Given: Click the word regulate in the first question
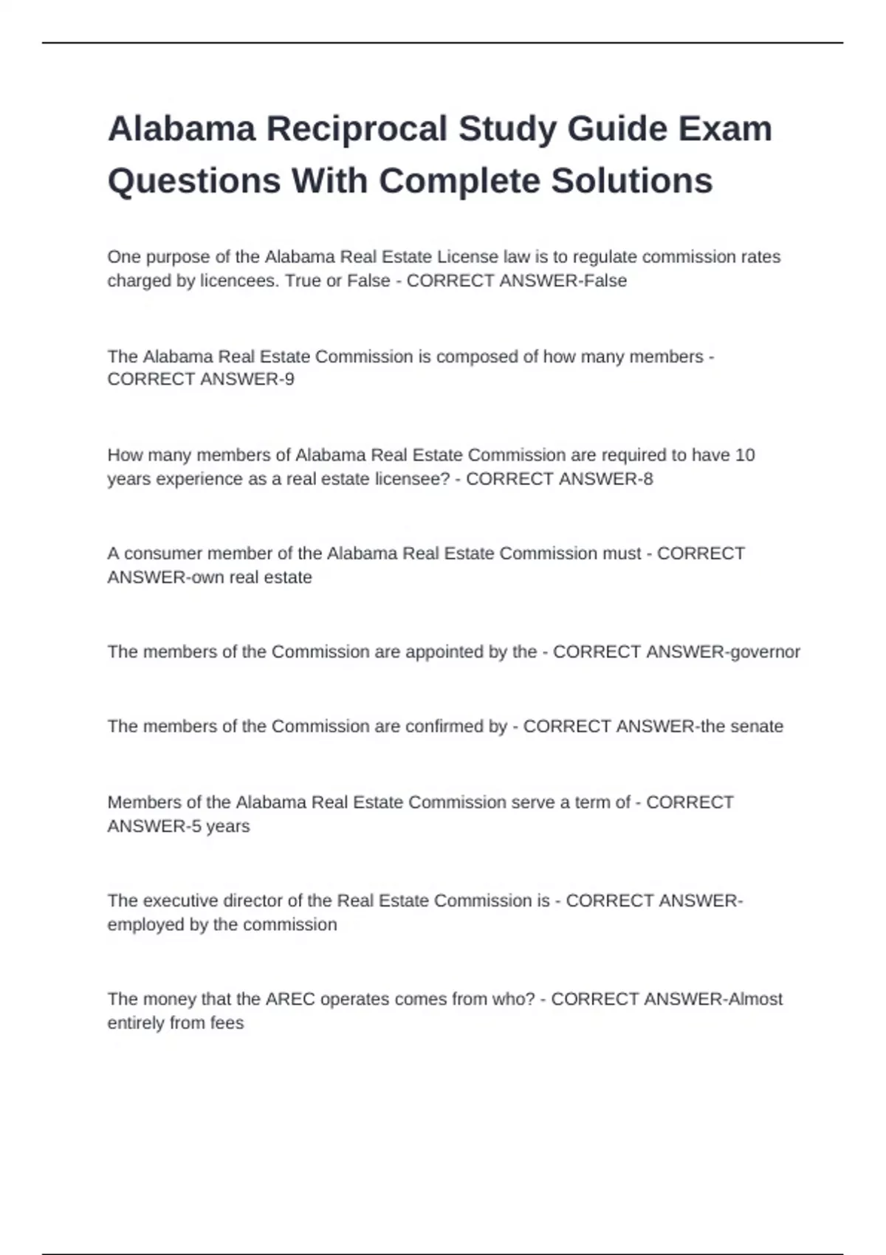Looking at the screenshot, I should pyautogui.click(x=605, y=258).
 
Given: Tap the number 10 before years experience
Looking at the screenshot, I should pyautogui.click(x=744, y=455).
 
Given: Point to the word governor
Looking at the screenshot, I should pyautogui.click(x=765, y=653).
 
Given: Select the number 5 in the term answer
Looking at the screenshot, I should pyautogui.click(x=196, y=827).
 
